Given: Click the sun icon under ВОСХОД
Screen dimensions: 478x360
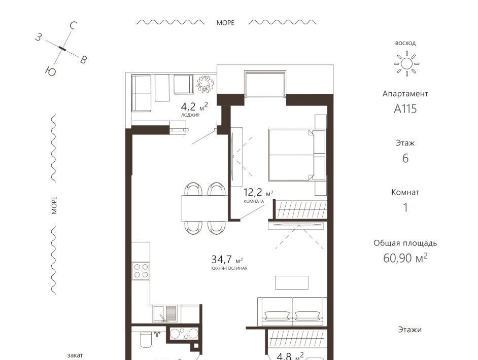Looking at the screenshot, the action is click(406, 64).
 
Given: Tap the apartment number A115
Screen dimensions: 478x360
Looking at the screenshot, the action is click(405, 109).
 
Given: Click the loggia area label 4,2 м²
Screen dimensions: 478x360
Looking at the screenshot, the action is click(194, 106).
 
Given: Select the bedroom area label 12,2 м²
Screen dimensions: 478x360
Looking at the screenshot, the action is click(258, 193).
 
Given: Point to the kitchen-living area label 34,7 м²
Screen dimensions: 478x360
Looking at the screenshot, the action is click(227, 260).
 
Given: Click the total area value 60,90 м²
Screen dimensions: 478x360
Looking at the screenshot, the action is click(405, 258).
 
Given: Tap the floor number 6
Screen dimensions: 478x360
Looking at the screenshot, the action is click(405, 158).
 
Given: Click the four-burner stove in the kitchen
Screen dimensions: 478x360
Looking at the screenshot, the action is click(141, 271).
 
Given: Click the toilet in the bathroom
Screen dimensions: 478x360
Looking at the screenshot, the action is click(146, 339).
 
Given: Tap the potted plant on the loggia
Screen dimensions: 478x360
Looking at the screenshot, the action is click(205, 84).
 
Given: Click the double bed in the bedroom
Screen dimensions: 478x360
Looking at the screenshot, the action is click(297, 155).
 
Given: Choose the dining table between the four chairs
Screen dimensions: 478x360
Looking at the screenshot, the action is click(204, 208).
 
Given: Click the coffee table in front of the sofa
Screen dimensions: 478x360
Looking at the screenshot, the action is click(292, 282).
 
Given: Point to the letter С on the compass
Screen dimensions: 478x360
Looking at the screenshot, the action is click(73, 26).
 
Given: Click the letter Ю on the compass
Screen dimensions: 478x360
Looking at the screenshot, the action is click(51, 71).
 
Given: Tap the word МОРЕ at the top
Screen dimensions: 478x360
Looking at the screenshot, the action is click(225, 23).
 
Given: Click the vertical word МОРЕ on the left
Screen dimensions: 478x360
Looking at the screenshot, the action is click(54, 205).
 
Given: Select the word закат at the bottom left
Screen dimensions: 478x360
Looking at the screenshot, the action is click(75, 355).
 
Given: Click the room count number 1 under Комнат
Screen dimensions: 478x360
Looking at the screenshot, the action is click(405, 207).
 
